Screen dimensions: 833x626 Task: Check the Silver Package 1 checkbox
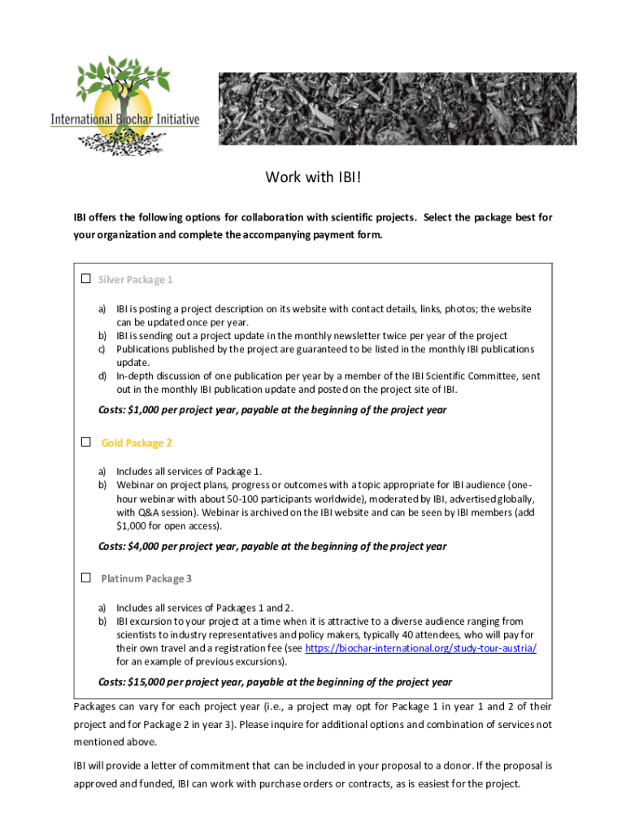pyautogui.click(x=85, y=279)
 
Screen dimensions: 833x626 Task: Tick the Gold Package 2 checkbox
pyautogui.click(x=85, y=443)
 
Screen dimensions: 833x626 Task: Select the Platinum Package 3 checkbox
pyautogui.click(x=85, y=578)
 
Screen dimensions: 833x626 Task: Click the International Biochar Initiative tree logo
pyautogui.click(x=125, y=105)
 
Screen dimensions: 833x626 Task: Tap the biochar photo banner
pyautogui.click(x=398, y=109)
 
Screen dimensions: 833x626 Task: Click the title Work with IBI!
pyautogui.click(x=313, y=177)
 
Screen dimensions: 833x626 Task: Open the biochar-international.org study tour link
pyautogui.click(x=421, y=648)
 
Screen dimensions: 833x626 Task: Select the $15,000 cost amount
pyautogui.click(x=140, y=682)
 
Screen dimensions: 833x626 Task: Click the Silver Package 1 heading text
pyautogui.click(x=135, y=280)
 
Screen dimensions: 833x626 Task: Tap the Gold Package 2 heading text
pyautogui.click(x=137, y=443)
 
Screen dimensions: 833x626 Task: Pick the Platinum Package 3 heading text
pyautogui.click(x=146, y=578)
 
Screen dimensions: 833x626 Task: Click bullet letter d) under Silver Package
pyautogui.click(x=103, y=377)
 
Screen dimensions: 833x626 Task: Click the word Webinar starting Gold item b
pyautogui.click(x=137, y=485)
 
